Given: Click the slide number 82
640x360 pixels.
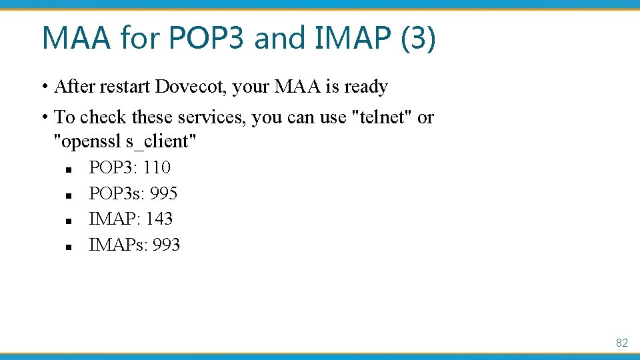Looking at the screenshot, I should [x=621, y=343].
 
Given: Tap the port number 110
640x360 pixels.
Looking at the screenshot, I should [x=157, y=167].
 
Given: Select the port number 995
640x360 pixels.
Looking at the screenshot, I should [x=164, y=193].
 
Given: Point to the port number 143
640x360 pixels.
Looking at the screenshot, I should [x=159, y=219].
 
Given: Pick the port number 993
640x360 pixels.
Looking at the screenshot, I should [x=166, y=245].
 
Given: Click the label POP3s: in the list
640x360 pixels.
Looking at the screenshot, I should [x=117, y=193].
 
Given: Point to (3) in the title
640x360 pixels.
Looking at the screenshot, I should [x=418, y=38].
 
